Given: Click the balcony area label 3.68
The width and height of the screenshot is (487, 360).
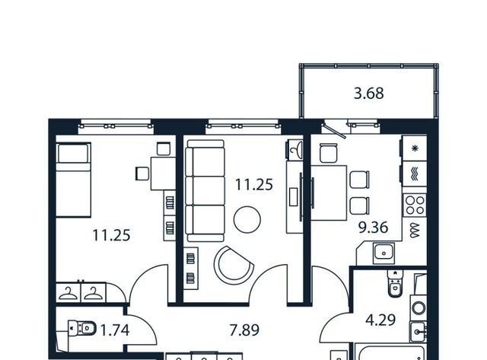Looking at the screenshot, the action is [368, 94].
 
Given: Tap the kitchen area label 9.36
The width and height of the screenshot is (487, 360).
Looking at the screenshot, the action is [373, 228].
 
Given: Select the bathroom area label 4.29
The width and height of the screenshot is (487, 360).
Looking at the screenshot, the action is [380, 320].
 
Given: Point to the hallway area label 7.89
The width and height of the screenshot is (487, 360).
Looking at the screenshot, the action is [244, 330].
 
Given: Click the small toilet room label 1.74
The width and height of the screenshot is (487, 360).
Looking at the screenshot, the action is [115, 330].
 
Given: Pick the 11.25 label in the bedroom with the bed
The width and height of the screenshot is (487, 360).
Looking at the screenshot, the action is [111, 235].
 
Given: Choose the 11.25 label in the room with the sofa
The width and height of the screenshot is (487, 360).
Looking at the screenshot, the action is [253, 184].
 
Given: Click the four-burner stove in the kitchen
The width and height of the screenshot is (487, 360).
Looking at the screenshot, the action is [415, 205].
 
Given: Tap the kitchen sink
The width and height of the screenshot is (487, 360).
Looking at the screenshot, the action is [384, 253].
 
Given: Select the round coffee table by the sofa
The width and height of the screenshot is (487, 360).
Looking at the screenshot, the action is [247, 220].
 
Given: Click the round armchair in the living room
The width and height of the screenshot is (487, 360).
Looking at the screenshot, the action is [234, 265].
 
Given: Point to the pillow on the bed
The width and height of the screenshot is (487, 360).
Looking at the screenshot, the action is [73, 154].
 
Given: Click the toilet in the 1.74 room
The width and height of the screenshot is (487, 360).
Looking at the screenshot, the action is [82, 328].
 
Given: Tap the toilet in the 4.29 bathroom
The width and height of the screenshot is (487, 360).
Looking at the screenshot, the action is [395, 283].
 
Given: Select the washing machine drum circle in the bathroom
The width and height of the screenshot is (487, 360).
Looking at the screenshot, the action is [419, 308].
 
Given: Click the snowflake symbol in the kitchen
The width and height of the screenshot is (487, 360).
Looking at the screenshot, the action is [415, 148].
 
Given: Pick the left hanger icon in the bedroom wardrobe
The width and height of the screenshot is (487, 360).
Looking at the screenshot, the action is [68, 294].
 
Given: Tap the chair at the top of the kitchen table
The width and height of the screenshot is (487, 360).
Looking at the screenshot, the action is [328, 153].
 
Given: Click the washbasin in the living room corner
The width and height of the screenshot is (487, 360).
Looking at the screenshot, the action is [294, 149].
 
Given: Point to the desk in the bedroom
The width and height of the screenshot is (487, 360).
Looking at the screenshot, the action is [163, 174].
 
